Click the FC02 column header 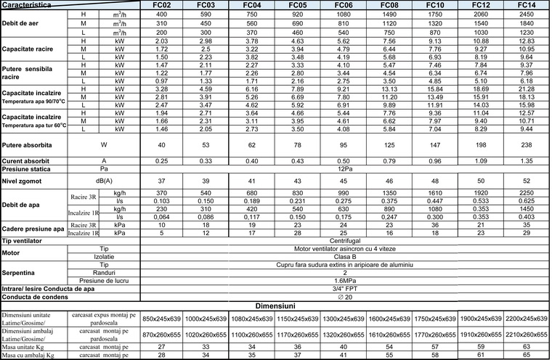(x=161, y=4)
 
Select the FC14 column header (x=527, y=4)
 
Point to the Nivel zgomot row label (x=23, y=179)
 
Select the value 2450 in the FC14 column (x=527, y=14)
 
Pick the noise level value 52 (x=527, y=179)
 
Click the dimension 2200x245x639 (x=527, y=319)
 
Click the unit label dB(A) (x=103, y=179)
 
